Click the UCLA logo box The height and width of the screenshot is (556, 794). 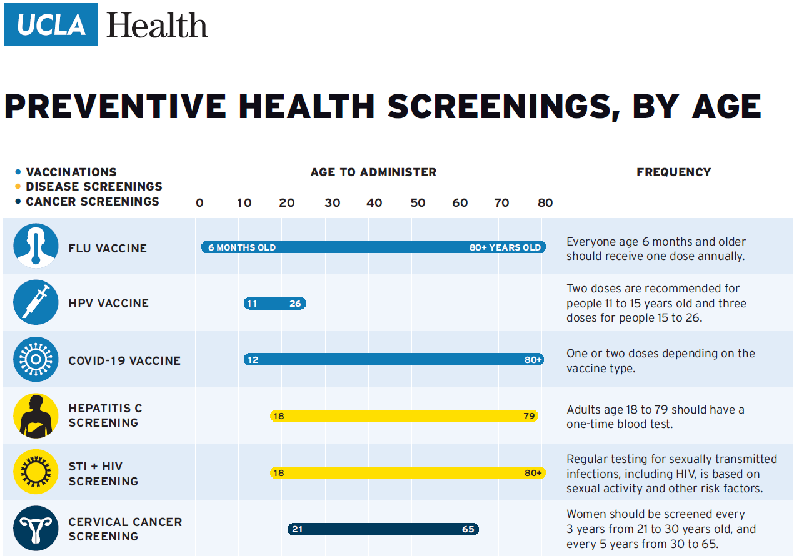click(x=51, y=24)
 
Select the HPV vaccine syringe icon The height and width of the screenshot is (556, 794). click(x=36, y=302)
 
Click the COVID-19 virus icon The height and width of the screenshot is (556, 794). click(x=36, y=359)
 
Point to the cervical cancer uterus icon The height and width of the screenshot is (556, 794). click(x=36, y=529)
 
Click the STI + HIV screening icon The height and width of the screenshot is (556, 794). click(x=36, y=472)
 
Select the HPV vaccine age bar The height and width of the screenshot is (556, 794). click(x=274, y=304)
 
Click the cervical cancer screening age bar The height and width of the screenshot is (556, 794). click(x=383, y=529)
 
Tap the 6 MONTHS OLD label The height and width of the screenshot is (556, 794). click(x=242, y=247)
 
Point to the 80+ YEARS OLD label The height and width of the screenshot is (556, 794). click(x=505, y=247)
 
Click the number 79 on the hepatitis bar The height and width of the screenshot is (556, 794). click(x=530, y=416)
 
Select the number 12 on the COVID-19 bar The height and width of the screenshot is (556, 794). click(x=253, y=360)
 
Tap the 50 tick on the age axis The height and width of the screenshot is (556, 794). click(x=418, y=202)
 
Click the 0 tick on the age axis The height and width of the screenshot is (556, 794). click(x=199, y=202)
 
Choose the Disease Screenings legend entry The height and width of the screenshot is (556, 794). click(x=94, y=187)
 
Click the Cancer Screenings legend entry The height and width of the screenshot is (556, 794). click(x=92, y=201)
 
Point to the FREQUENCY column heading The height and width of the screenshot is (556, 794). click(x=673, y=172)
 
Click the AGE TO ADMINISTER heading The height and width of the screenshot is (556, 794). click(x=373, y=172)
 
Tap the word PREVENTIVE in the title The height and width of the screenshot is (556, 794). click(x=115, y=106)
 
